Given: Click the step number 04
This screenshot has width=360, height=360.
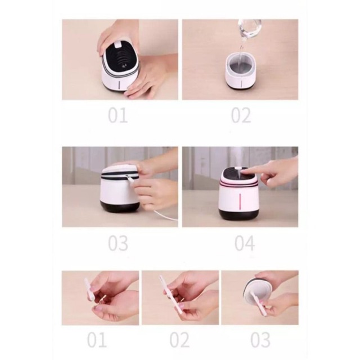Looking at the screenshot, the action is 245,244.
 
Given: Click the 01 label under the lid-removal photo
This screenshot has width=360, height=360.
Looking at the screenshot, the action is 118,115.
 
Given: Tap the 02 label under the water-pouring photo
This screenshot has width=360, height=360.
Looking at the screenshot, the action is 241,115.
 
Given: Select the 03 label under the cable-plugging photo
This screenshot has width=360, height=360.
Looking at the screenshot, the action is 118,244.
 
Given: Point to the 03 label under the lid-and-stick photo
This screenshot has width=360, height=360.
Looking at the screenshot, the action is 260,340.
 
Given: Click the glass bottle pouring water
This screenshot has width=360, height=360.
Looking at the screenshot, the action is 250,29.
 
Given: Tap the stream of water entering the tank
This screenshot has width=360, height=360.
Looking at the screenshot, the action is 240,55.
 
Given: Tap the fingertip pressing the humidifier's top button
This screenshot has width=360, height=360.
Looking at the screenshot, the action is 245,170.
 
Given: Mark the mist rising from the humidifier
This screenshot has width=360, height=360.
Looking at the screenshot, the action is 237,159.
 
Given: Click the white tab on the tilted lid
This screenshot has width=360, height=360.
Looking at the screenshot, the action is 118,44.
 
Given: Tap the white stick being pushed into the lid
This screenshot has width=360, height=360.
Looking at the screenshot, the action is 259,303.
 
